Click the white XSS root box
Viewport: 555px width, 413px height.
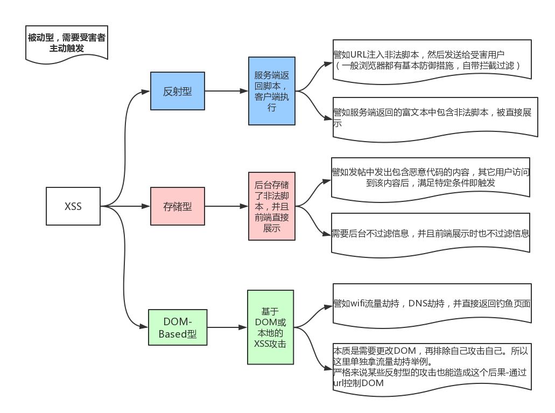73,206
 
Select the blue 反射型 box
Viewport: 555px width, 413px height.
177,90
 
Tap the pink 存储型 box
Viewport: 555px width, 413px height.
177,206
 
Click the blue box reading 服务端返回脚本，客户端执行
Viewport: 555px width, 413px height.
272,90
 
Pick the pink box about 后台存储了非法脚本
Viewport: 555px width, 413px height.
271,206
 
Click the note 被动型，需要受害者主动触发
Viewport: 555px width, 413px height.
66,43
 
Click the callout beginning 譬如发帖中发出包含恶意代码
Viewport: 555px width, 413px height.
431,178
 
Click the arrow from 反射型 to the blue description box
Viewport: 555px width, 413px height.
226,90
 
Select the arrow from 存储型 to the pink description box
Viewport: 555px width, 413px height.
226,206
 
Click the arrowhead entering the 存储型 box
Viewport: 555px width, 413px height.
147,206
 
